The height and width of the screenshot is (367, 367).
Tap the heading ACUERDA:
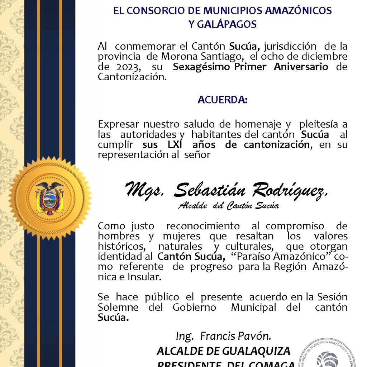[x=222, y=100]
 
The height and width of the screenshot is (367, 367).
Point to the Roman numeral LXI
[x=177, y=145]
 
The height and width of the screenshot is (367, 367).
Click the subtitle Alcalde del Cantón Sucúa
[x=229, y=206]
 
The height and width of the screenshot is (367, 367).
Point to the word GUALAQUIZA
[x=254, y=351]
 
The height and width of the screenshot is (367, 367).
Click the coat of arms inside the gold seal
[x=50, y=198]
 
